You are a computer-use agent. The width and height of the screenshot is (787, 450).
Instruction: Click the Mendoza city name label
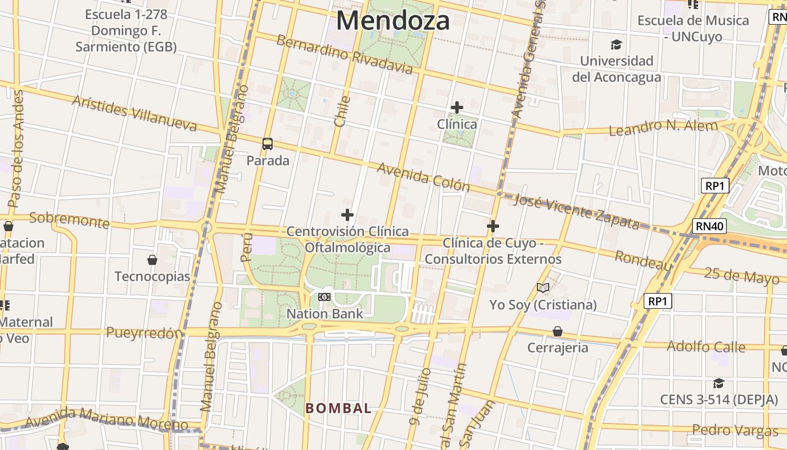coord(393,21)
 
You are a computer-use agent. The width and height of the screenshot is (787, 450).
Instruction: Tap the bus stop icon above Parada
coord(268,144)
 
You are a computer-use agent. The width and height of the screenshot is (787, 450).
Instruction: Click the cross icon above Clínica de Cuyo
coord(493,226)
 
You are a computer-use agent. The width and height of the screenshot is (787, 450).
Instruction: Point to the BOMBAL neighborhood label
coord(338,408)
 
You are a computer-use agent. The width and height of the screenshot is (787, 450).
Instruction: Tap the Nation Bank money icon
coord(324,296)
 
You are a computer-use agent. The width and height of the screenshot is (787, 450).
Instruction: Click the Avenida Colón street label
coord(423,177)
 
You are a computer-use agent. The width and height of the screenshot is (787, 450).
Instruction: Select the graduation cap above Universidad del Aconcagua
coord(617,44)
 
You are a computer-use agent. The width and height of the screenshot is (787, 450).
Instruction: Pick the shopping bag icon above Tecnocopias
coord(152,259)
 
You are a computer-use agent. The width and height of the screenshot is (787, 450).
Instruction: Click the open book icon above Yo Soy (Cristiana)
coord(542,288)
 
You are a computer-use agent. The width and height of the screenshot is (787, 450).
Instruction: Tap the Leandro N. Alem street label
coord(663,128)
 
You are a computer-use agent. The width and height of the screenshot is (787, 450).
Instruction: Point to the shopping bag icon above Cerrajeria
coord(557,331)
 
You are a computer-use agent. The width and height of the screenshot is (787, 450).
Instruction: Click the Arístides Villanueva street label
coord(134,113)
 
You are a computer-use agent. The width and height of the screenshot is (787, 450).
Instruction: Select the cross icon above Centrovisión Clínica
coord(347,214)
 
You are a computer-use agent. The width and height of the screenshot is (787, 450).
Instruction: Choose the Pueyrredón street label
coord(144,332)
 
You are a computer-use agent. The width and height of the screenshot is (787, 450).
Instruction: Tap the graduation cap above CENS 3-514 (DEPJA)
coord(718,383)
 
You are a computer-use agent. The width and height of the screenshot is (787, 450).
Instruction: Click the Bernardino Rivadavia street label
coord(344,55)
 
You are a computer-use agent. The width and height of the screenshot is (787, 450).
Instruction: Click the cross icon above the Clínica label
coord(457,107)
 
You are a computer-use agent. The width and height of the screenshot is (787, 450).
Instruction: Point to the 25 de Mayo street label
coord(741,276)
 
